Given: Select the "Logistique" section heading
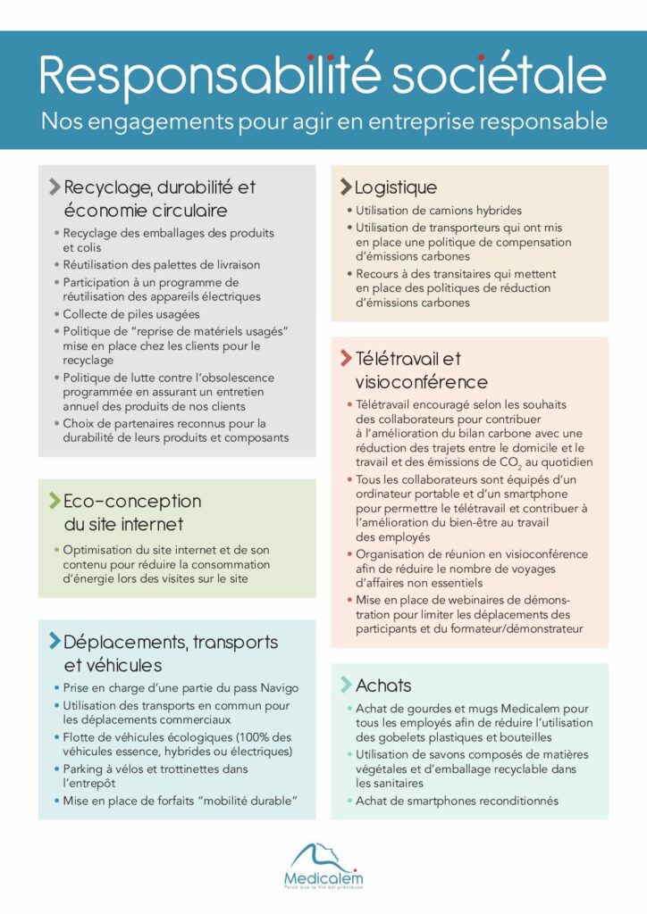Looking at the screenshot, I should [396, 187].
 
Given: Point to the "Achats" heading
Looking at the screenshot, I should [383, 685].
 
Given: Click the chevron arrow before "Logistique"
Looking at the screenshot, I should [345, 187].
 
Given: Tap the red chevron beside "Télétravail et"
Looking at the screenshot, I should [346, 359].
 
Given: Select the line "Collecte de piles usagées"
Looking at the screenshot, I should [130, 314].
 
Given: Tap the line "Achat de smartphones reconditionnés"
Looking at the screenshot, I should [457, 801].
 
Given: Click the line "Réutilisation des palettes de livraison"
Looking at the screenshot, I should [161, 265].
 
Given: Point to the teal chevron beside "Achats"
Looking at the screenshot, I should [345, 685].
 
